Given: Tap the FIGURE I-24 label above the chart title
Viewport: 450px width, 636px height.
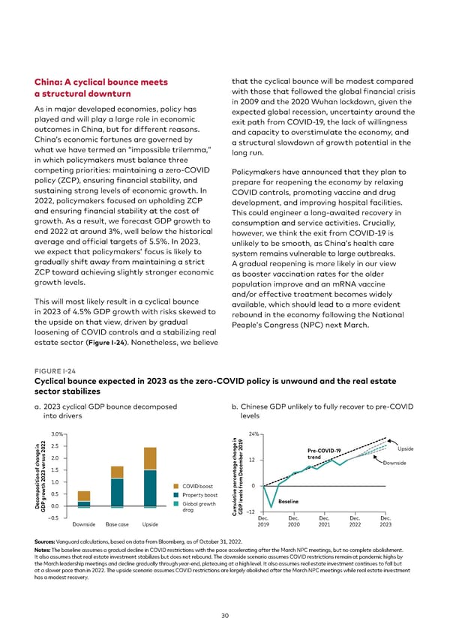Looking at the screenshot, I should click(52, 369).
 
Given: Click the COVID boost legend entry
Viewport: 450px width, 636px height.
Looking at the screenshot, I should click(196, 487).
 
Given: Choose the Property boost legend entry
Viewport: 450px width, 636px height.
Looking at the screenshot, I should click(199, 495).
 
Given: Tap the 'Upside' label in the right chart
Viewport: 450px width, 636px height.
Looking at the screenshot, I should click(406, 448).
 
